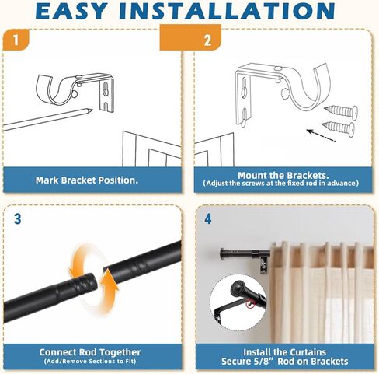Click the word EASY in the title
[71, 11]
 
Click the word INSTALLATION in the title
[227, 11]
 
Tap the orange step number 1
[16, 40]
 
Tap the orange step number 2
[207, 40]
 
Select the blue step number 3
[17, 219]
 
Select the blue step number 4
[208, 219]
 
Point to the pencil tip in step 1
[91, 110]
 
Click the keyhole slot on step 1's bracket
[106, 89]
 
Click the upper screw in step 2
[341, 111]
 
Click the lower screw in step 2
[338, 127]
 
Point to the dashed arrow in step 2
[321, 135]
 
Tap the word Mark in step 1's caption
[47, 180]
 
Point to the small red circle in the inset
[250, 304]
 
